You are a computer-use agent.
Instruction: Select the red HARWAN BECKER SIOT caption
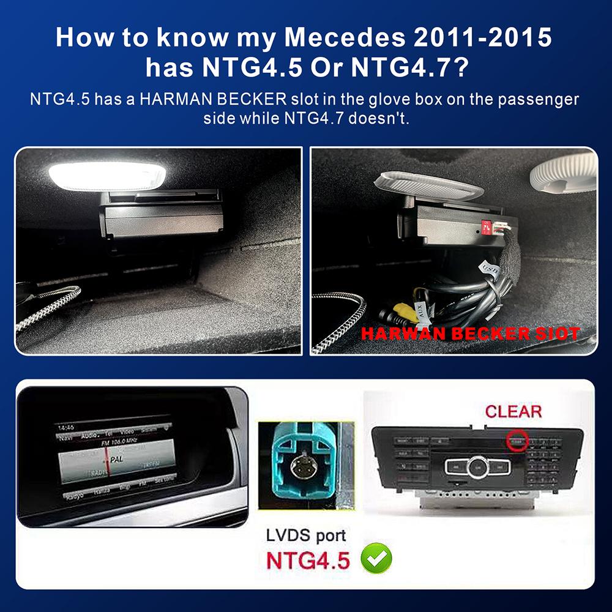tap(470, 334)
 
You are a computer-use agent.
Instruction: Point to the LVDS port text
tap(306, 535)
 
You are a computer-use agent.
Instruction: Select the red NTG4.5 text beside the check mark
tap(308, 559)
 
